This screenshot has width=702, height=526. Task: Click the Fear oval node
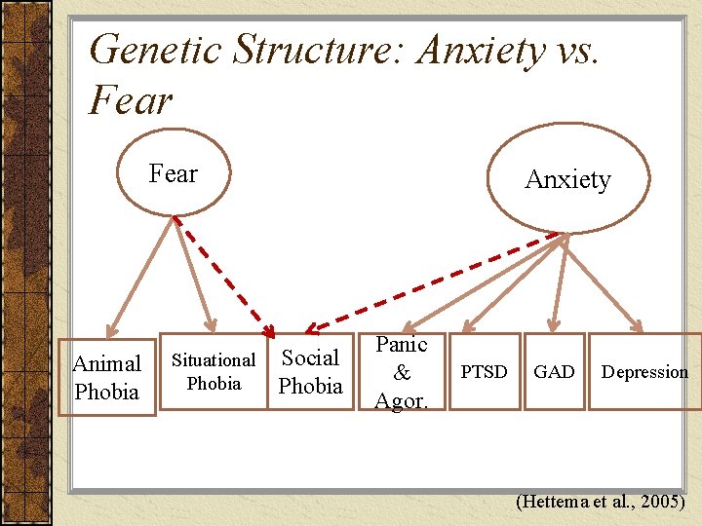(x=173, y=173)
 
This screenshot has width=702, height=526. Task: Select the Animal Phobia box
(x=107, y=377)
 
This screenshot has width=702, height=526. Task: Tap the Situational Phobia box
(x=214, y=371)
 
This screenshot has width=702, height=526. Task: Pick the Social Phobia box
(x=310, y=371)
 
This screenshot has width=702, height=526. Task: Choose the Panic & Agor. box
(x=402, y=371)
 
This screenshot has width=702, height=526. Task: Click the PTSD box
(x=484, y=371)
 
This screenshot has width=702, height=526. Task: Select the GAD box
(x=554, y=371)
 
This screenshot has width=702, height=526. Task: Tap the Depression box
(x=644, y=371)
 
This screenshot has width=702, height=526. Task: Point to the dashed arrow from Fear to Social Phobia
(x=223, y=279)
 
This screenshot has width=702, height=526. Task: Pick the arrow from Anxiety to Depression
(x=603, y=282)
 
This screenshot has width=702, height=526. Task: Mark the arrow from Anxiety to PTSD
(x=513, y=282)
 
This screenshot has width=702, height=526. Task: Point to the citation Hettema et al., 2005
(x=601, y=503)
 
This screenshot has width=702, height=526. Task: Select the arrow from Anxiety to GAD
(x=558, y=282)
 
